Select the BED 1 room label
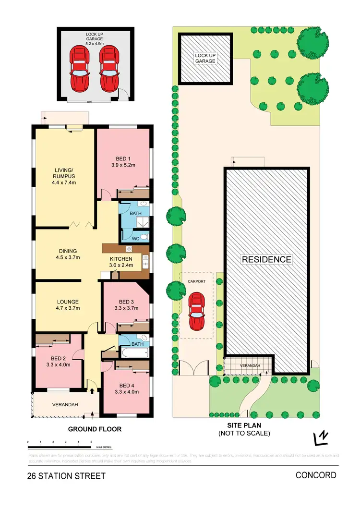pyautogui.click(x=123, y=159)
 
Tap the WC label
pyautogui.click(x=129, y=237)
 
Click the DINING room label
pyautogui.click(x=68, y=251)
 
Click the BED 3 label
pyautogui.click(x=126, y=301)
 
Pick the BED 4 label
pyautogui.click(x=126, y=385)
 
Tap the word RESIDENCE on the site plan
pyautogui.click(x=266, y=260)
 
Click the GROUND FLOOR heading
pyautogui.click(x=94, y=429)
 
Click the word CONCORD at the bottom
pyautogui.click(x=316, y=475)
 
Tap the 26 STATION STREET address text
pyautogui.click(x=66, y=477)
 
